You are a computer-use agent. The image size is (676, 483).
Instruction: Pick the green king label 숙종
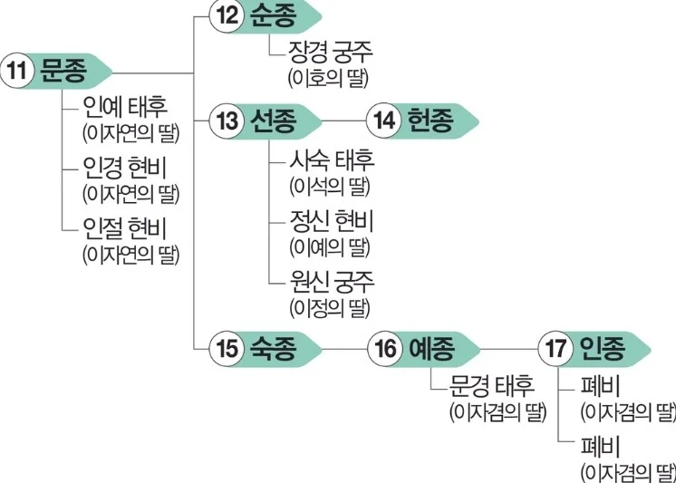pos(277,348)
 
